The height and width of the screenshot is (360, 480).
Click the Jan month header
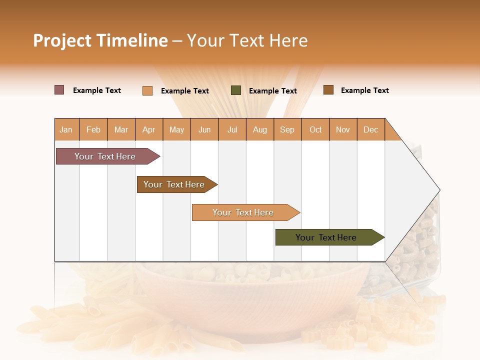[66, 129]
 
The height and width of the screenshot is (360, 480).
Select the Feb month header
[93, 129]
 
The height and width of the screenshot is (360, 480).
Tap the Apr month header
[149, 129]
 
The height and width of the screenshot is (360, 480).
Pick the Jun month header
[204, 129]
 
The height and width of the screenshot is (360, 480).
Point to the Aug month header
[260, 129]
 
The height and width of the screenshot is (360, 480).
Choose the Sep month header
[287, 129]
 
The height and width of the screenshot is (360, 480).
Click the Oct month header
[315, 129]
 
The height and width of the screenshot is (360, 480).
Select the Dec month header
[371, 129]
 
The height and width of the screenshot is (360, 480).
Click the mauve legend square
[59, 90]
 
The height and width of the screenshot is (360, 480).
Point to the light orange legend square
[147, 90]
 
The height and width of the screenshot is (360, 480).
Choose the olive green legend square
[236, 90]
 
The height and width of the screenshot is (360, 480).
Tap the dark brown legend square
[328, 90]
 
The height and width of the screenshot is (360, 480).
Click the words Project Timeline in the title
[100, 40]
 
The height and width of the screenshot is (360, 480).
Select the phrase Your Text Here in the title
[247, 40]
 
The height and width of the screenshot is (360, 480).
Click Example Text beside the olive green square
[273, 91]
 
